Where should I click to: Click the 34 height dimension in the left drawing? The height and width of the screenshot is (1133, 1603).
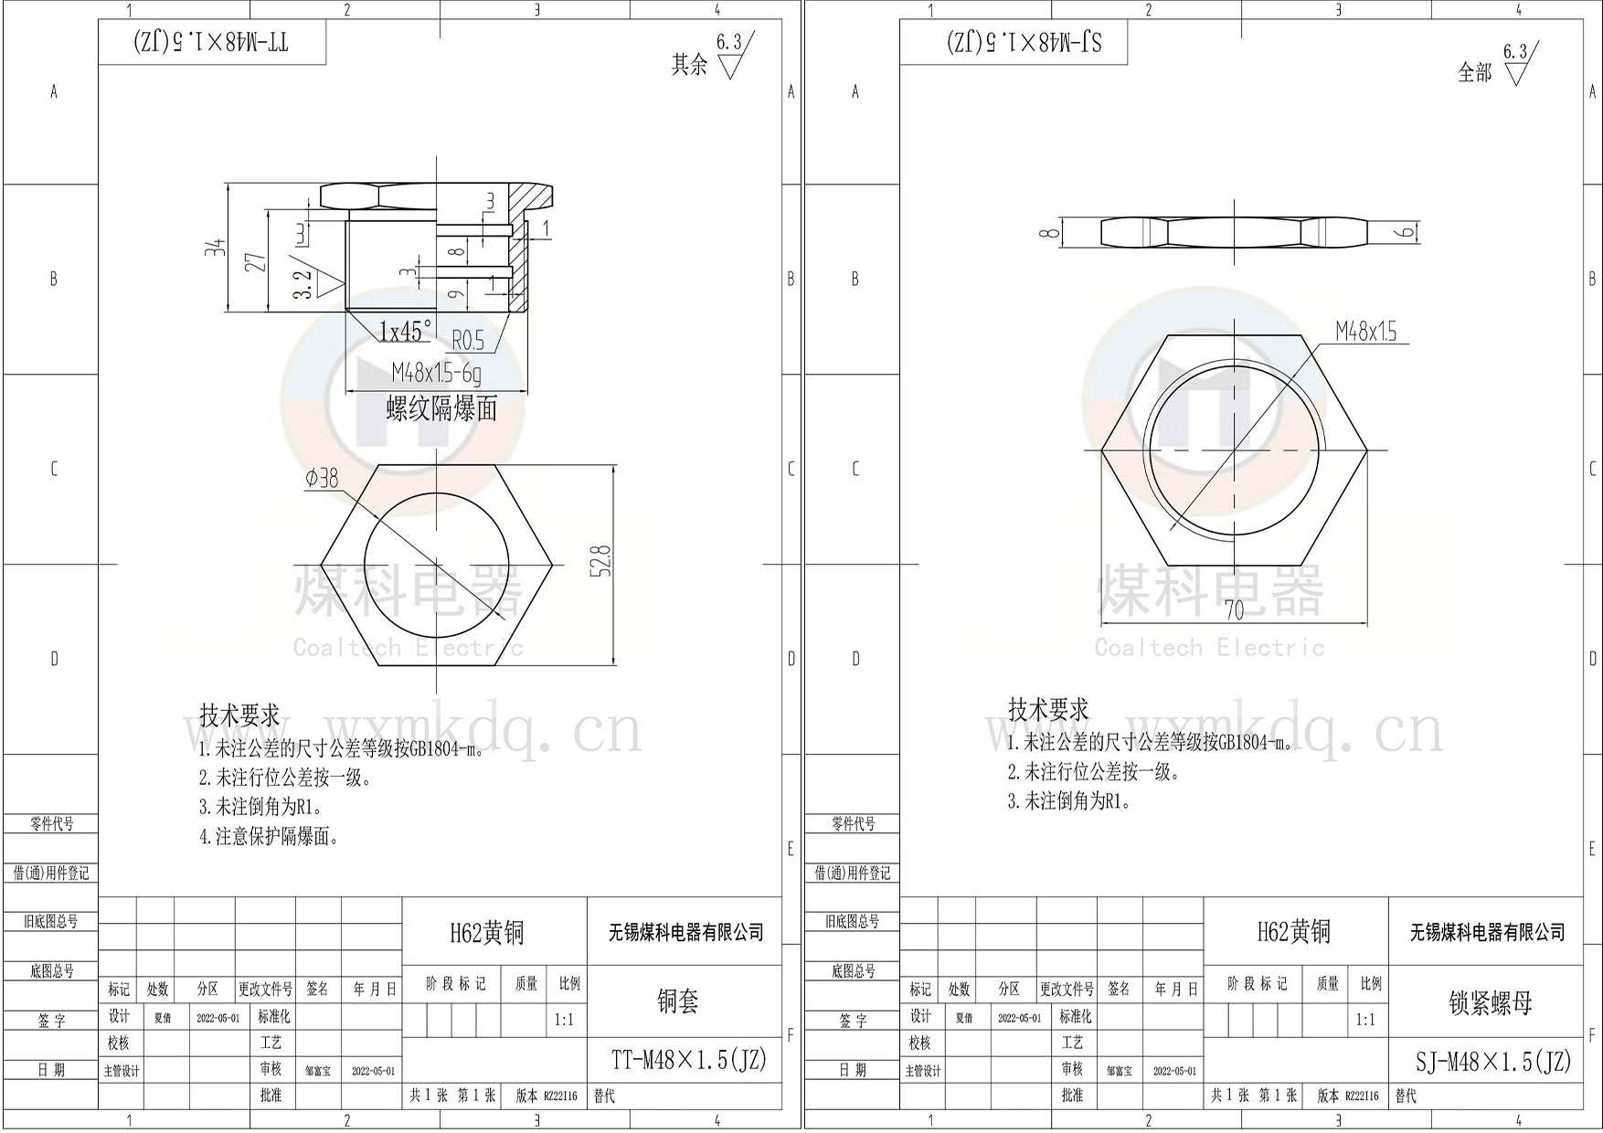click(x=216, y=247)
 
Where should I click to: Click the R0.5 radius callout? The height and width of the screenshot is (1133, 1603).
click(x=468, y=341)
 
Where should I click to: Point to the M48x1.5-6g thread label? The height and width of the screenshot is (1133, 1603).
click(x=436, y=373)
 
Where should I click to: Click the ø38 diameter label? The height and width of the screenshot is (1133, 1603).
click(x=322, y=478)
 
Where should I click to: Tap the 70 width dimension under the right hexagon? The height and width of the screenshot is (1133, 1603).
click(x=1234, y=609)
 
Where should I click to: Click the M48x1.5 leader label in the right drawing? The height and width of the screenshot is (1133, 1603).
click(x=1365, y=332)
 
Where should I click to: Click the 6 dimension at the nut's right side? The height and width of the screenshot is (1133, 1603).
click(x=1408, y=233)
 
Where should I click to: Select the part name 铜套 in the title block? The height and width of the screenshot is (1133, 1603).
click(x=677, y=1001)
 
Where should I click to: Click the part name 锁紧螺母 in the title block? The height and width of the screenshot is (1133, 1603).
click(x=1490, y=1003)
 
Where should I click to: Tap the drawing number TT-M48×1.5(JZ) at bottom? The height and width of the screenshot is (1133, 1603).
click(x=688, y=1060)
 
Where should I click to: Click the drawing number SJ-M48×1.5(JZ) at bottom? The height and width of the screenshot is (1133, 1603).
click(x=1492, y=1061)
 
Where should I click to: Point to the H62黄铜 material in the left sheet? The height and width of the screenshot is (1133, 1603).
click(x=487, y=932)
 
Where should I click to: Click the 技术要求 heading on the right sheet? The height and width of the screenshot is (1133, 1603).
click(x=1047, y=709)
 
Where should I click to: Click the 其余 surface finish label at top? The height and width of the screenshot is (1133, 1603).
click(x=689, y=65)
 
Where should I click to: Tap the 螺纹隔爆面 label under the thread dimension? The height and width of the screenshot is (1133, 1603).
click(x=441, y=408)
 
